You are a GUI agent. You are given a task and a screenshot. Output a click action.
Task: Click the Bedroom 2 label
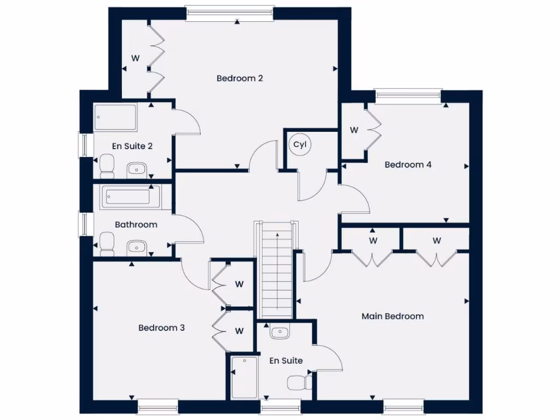[240, 78]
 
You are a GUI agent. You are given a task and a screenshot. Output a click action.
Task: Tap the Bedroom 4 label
[408, 165]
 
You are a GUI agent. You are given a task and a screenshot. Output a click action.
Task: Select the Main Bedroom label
[393, 316]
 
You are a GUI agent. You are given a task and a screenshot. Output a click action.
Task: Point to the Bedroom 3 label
[161, 328]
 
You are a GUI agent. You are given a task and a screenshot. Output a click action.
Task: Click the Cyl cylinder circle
[300, 145]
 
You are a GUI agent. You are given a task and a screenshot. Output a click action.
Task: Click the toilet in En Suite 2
[107, 166]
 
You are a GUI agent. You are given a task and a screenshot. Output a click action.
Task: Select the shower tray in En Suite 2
[115, 118]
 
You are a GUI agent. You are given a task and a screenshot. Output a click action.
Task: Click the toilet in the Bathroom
[107, 244]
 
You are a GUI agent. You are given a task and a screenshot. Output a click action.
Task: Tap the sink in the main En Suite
[279, 332]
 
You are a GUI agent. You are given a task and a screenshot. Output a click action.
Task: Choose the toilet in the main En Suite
[300, 382]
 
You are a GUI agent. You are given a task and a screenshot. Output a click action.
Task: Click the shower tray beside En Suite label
[244, 377]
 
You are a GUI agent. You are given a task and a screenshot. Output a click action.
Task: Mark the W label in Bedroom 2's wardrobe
[135, 57]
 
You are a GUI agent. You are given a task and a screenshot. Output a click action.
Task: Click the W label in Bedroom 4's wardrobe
[354, 130]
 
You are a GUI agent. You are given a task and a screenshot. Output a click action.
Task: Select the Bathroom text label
[136, 224]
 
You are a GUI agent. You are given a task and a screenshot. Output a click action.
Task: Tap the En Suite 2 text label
[132, 146]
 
